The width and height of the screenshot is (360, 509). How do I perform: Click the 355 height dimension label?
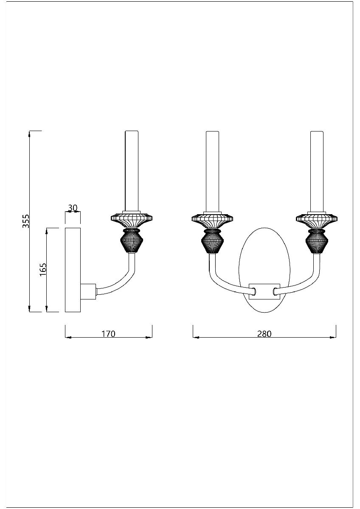[x=26, y=221]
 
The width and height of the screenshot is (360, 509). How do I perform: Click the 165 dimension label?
[x=43, y=270]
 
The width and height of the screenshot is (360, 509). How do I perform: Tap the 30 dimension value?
[x=73, y=208]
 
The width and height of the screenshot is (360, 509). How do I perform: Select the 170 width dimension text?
[x=108, y=333]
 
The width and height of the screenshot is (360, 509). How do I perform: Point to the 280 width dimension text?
[x=264, y=333]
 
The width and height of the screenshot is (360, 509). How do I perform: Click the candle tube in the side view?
[x=132, y=170]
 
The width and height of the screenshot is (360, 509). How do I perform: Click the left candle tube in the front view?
[x=212, y=170]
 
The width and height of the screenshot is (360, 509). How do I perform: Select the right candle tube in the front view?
[x=317, y=170]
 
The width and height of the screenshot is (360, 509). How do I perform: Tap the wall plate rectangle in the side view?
[x=73, y=270]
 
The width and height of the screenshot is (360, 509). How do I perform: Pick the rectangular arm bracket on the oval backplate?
[x=264, y=291]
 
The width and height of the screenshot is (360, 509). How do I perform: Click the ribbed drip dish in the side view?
[x=132, y=219]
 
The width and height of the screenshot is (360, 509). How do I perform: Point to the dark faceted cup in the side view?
[x=132, y=241]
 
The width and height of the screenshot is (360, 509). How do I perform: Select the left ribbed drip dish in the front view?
[x=212, y=219]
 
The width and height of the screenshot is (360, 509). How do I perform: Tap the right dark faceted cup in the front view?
[x=317, y=241]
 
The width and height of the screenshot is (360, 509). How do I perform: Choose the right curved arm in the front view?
[x=302, y=283]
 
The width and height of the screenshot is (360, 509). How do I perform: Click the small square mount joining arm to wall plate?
[x=88, y=291]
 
